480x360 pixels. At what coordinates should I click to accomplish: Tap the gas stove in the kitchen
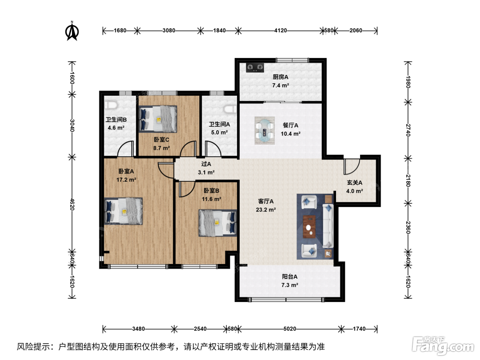255,68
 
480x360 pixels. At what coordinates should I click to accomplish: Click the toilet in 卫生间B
111,105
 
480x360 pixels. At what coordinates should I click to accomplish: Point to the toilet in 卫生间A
230,109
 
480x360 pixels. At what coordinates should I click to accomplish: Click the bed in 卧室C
158,119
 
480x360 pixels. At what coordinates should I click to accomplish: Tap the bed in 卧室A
123,211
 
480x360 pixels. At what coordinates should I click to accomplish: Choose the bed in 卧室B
218,223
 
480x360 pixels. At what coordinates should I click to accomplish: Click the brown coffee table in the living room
309,227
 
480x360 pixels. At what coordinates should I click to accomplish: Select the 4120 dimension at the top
280,31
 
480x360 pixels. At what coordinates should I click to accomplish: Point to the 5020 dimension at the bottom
290,329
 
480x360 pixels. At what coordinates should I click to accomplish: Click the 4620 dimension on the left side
72,204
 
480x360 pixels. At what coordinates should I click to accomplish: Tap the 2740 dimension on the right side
408,130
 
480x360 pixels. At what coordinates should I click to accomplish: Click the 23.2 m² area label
266,210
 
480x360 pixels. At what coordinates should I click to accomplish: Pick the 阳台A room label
289,277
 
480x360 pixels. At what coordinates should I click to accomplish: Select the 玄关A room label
355,183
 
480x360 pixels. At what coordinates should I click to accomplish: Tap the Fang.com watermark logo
443,346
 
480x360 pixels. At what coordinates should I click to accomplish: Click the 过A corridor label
206,164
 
